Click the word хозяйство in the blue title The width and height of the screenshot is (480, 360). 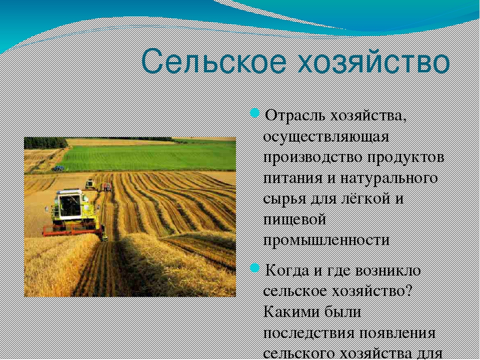[x=374, y=62]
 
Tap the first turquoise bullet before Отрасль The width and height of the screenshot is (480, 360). [x=254, y=113]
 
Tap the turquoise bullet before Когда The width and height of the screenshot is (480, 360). [x=254, y=268]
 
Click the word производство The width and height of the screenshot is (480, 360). [x=312, y=158]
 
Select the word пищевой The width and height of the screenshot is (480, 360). [x=294, y=220]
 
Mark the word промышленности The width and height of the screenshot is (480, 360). [x=326, y=240]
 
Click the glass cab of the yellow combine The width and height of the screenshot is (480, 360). [x=70, y=205]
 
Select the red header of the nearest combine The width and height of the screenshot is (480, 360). [x=72, y=229]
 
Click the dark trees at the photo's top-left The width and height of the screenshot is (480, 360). [x=45, y=143]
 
